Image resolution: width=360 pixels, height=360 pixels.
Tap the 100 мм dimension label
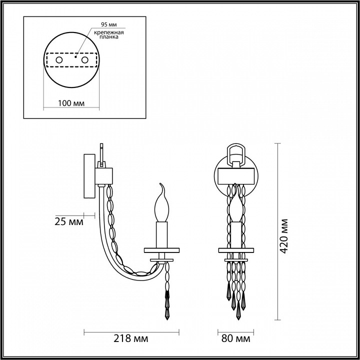click(x=70, y=103)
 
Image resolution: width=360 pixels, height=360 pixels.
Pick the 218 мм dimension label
click(x=134, y=339)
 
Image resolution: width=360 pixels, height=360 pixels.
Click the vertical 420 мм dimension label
click(x=284, y=235)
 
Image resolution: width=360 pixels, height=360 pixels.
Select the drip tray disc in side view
click(x=161, y=249)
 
